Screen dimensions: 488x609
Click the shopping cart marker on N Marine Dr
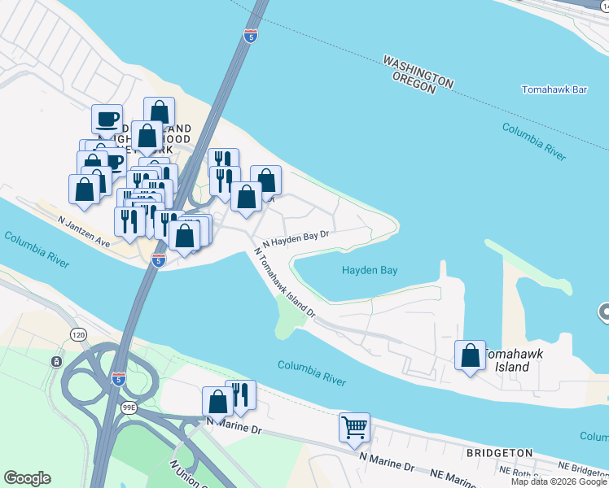coord(355,427)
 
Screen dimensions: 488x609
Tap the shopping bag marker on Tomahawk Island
coord(470,355)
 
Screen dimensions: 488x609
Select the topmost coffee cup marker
coord(107,119)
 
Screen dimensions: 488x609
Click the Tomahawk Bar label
coord(554,89)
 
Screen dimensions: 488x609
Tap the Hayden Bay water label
coord(370,270)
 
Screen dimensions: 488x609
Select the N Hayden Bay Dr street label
coord(295,237)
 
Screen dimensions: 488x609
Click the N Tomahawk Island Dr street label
coord(284,281)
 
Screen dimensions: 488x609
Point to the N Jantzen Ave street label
coord(84,220)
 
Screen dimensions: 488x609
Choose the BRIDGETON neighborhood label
coord(499,453)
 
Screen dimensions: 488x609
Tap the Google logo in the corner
coord(27,478)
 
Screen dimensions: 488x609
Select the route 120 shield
coord(78,334)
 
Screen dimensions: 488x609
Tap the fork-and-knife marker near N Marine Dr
coord(240,394)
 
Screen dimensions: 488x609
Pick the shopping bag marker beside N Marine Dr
coord(217,401)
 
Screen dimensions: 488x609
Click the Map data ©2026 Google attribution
coord(559,481)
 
